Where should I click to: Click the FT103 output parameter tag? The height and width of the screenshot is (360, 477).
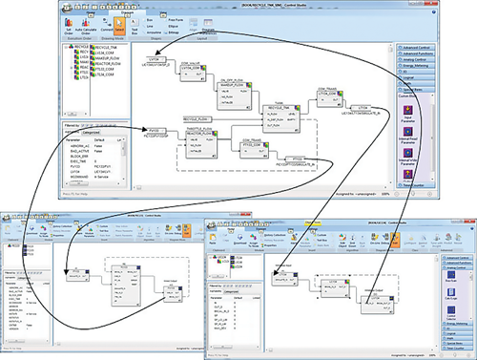[298, 159]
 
